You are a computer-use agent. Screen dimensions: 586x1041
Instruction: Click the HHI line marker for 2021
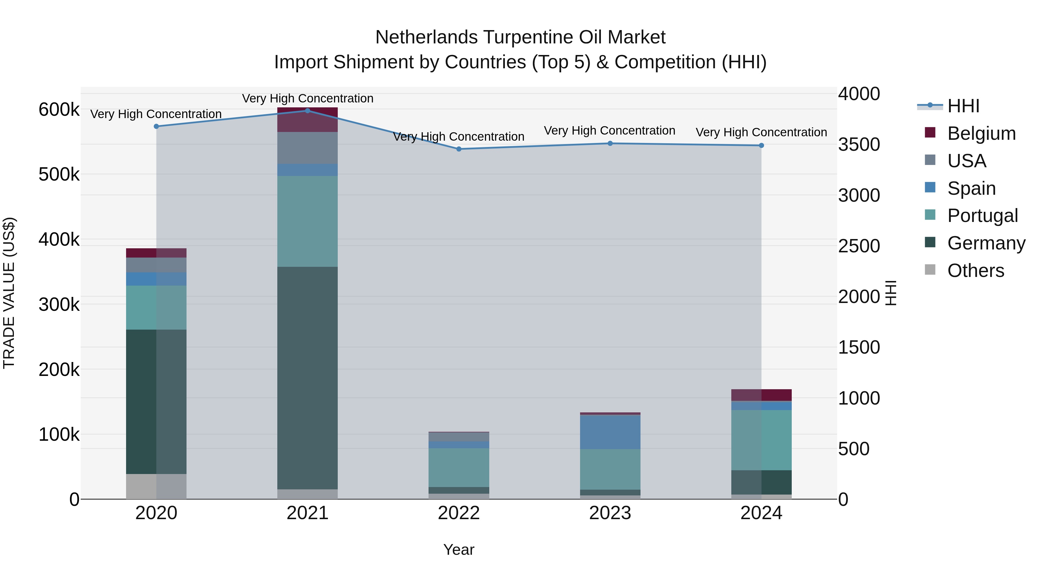pyautogui.click(x=308, y=111)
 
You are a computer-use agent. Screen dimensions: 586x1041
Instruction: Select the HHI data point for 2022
pyautogui.click(x=459, y=149)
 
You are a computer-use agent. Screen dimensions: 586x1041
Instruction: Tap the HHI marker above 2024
pyautogui.click(x=761, y=145)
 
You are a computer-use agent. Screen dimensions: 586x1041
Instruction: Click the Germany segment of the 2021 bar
pyautogui.click(x=308, y=378)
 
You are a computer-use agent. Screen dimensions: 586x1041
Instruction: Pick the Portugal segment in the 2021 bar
pyautogui.click(x=308, y=221)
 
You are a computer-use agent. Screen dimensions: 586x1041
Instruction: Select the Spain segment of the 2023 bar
pyautogui.click(x=610, y=432)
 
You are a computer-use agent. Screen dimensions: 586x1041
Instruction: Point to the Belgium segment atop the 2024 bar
pyautogui.click(x=761, y=395)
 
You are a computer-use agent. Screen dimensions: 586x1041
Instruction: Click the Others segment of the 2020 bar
pyautogui.click(x=156, y=486)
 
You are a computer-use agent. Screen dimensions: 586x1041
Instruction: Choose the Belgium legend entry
pyautogui.click(x=981, y=133)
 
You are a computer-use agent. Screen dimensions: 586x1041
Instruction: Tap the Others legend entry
pyautogui.click(x=976, y=271)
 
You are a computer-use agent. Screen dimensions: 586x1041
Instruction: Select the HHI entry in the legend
pyautogui.click(x=963, y=106)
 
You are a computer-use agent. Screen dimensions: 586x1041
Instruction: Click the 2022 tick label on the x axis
pyautogui.click(x=459, y=513)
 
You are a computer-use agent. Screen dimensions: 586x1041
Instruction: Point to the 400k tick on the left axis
pyautogui.click(x=59, y=239)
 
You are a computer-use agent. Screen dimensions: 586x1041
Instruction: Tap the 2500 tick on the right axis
pyautogui.click(x=859, y=246)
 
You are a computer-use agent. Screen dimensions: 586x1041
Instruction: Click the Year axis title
pyautogui.click(x=459, y=550)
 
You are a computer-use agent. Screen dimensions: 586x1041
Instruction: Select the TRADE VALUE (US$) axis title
pyautogui.click(x=9, y=293)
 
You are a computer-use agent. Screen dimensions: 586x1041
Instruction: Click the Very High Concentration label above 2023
pyautogui.click(x=609, y=131)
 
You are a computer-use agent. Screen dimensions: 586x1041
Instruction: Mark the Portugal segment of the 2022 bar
pyautogui.click(x=459, y=468)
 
